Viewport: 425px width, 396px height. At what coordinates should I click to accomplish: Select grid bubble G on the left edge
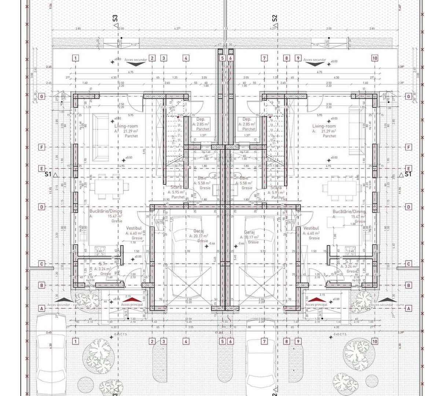(42, 96)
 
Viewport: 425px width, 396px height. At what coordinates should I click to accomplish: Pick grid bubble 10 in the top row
(374, 58)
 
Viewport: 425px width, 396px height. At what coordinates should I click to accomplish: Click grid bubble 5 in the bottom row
(222, 341)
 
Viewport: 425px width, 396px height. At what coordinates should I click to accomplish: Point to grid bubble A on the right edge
(408, 309)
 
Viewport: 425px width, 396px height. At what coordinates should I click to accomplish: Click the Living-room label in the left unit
(126, 126)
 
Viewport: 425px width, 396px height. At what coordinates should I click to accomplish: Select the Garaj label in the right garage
(249, 232)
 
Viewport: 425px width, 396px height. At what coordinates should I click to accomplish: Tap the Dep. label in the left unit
(201, 120)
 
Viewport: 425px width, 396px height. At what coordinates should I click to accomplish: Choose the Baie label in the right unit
(244, 178)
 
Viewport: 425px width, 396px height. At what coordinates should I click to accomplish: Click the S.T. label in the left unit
(103, 264)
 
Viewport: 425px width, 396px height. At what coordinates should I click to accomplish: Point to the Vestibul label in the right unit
(311, 228)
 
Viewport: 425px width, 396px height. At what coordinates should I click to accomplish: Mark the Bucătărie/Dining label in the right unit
(349, 212)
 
